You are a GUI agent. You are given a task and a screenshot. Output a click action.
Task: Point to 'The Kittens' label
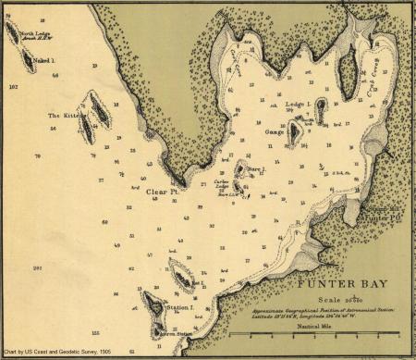tap(62, 116)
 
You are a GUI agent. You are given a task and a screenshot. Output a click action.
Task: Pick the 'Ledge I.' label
tap(297, 106)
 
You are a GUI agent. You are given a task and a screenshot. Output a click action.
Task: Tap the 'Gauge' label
tap(275, 132)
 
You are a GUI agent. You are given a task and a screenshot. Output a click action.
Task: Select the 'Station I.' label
tap(178, 304)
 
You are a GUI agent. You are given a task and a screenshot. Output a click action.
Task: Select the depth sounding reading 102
tap(13, 85)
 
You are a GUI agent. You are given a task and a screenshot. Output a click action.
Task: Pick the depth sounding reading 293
tap(38, 267)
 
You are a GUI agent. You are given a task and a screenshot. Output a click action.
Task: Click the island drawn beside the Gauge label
tap(295, 135)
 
